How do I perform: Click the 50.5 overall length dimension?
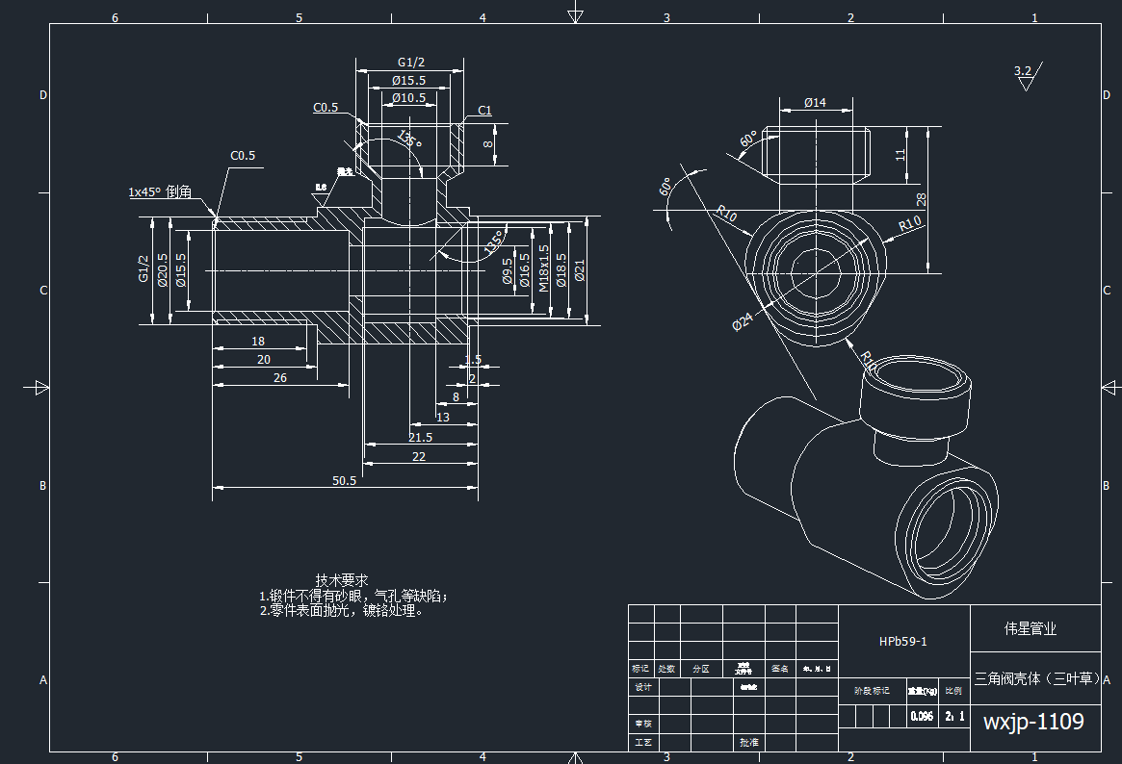(x=344, y=480)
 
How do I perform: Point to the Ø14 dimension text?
(x=815, y=102)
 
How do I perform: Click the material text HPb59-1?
(x=902, y=641)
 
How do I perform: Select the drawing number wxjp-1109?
(x=1033, y=722)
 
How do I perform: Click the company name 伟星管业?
(x=1031, y=628)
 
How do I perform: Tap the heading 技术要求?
(x=342, y=580)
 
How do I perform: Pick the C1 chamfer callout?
(x=484, y=111)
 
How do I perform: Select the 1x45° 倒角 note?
(x=160, y=191)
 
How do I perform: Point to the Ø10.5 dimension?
(x=408, y=98)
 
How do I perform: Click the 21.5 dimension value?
(x=420, y=437)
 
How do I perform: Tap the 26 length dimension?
(x=280, y=378)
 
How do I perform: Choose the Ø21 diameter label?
(x=579, y=270)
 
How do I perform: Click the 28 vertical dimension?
(x=921, y=199)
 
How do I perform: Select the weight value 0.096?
(x=922, y=717)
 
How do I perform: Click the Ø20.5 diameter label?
(x=163, y=270)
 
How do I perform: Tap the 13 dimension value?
(x=443, y=417)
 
